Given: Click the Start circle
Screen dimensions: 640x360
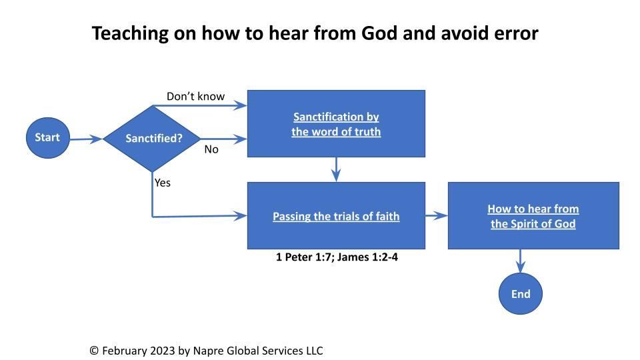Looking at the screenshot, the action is pos(48,138).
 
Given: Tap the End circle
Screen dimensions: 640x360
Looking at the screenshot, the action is pos(521,294).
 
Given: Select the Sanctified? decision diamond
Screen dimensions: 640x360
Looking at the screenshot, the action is pos(152,139).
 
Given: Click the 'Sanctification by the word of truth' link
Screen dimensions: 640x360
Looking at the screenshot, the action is pos(336,124).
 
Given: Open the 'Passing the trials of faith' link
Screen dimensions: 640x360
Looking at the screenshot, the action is pos(336,216).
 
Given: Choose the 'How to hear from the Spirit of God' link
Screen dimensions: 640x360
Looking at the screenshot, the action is pos(533,216).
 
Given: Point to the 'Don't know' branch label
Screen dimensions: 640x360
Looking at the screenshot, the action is pos(195,96).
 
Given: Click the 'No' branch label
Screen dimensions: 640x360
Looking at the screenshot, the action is pos(211,149).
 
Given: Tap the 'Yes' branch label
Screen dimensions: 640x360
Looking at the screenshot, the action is pos(163,183).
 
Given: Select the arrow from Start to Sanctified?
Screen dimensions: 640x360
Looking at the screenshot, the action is pos(86,139).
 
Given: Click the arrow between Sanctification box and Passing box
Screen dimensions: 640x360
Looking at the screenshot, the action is pos(336,169).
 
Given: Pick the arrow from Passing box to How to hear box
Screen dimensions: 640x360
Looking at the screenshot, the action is pos(436,215).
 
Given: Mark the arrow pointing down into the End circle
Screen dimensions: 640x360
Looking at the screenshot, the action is pos(521,261).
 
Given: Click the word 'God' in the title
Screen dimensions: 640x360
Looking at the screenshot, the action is pos(379,33).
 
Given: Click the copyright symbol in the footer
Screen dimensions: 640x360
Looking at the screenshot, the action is pos(94,351).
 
